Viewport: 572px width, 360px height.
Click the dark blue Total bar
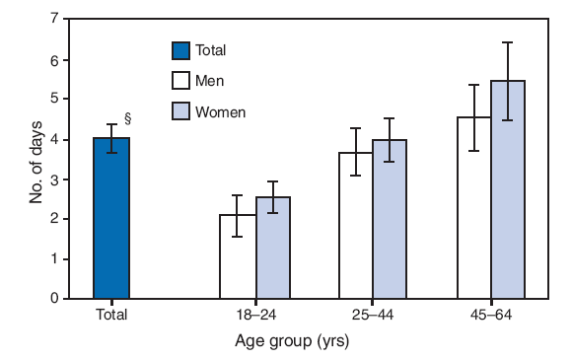[111, 218]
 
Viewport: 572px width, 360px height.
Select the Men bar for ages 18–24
[238, 256]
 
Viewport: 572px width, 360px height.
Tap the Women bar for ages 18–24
[273, 248]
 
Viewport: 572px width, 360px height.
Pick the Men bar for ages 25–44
[356, 226]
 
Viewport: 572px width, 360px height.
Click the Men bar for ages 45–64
[474, 208]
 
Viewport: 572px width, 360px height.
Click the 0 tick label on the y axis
[56, 298]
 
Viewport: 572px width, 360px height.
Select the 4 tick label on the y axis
[56, 139]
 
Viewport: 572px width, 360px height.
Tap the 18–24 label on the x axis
[255, 316]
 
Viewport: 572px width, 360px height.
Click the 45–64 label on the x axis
[492, 316]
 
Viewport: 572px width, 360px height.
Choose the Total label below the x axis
[111, 316]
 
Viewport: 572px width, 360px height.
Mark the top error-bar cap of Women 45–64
[509, 42]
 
